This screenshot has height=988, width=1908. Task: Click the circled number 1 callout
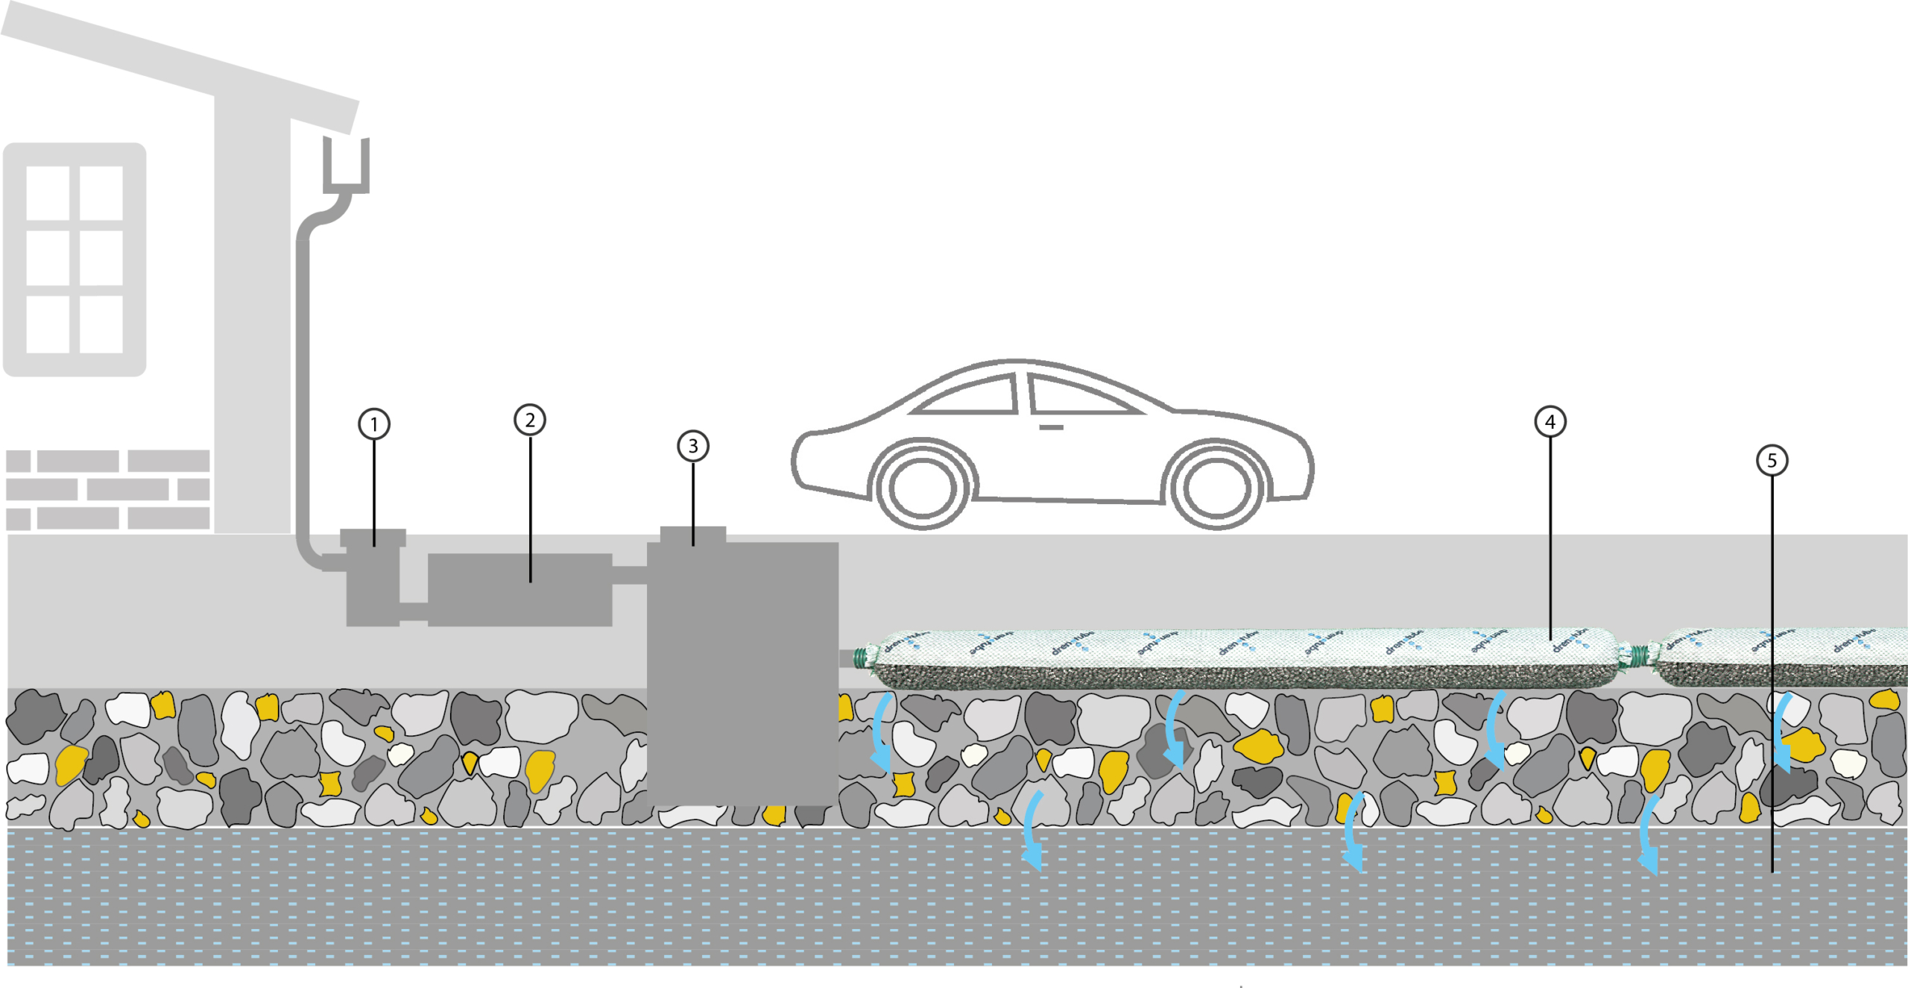pos(374,424)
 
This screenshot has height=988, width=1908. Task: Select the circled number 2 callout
pos(530,420)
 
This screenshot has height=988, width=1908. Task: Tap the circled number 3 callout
pos(693,446)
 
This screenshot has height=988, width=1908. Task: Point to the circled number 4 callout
pos(1550,422)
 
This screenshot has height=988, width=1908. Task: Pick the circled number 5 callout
pos(1772,460)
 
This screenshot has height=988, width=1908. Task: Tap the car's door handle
pos(1051,427)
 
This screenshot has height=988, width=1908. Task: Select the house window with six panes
pos(75,259)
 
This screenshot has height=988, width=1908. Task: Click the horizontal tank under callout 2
pos(520,590)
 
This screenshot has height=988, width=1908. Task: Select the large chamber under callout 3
pos(742,671)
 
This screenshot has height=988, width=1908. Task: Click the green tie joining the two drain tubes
pos(1637,657)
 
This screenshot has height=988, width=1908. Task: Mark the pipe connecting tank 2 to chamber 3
pos(630,575)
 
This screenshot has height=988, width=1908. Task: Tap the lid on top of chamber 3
pos(693,534)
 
